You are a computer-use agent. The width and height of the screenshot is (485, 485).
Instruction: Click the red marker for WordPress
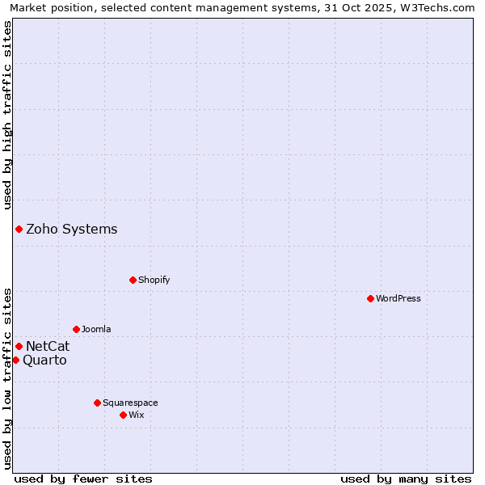click(370, 298)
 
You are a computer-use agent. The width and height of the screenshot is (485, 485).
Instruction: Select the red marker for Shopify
click(133, 280)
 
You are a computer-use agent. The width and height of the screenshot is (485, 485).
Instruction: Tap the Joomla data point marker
click(76, 329)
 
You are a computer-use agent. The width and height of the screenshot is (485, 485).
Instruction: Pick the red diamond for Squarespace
click(97, 403)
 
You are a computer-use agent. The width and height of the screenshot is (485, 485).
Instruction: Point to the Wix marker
click(123, 415)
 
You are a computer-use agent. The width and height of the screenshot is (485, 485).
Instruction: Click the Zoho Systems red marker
click(19, 229)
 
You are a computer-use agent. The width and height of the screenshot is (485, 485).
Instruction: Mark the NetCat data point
click(19, 346)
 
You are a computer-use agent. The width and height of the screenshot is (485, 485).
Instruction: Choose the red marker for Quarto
click(15, 360)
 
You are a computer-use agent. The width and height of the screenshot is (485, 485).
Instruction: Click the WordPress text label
click(399, 298)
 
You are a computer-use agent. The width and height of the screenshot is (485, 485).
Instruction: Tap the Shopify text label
click(154, 280)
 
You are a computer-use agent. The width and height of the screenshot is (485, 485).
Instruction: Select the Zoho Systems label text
click(72, 229)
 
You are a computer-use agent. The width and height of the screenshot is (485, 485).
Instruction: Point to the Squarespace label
click(130, 403)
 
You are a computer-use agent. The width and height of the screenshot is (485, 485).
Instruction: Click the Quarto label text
click(44, 361)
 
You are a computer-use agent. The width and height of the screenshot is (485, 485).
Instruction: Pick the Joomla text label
click(96, 329)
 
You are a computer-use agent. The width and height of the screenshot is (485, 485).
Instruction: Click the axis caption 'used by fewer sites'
click(83, 479)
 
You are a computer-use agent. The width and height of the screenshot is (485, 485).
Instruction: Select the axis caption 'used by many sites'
click(406, 479)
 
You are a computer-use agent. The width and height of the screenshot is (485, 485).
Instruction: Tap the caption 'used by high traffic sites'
click(7, 115)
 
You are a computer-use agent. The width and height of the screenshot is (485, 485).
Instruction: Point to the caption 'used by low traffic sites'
click(7, 377)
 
